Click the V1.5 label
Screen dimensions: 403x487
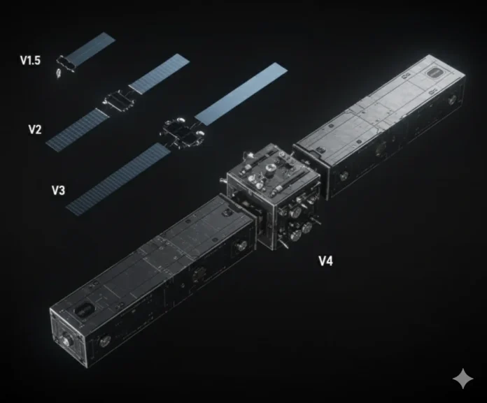[30, 61]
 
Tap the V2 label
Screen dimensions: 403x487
[35, 129]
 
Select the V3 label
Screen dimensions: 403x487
[59, 189]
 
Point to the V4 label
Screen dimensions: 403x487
[326, 261]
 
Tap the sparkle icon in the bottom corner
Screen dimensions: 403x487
[463, 379]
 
